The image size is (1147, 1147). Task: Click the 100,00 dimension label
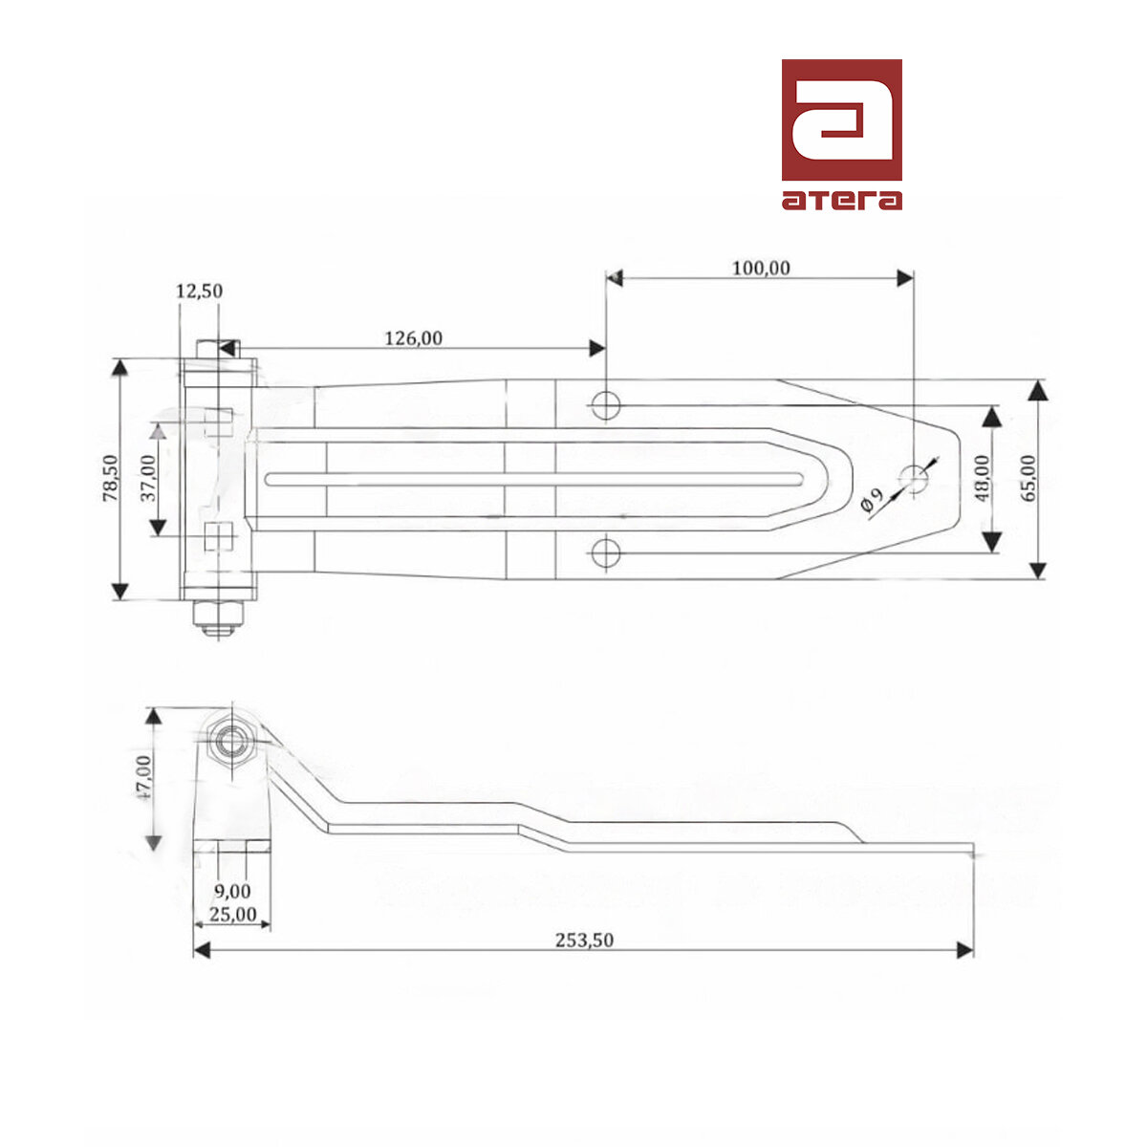761,268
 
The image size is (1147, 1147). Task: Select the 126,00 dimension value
413,337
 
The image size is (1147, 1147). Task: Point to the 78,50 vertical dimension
110,478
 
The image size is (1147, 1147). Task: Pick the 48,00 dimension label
983,478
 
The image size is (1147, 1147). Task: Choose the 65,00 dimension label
1028,478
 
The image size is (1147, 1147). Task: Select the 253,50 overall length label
584,940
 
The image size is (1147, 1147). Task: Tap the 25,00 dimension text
232,914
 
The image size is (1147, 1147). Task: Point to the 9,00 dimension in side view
232,892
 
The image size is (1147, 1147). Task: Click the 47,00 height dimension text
142,776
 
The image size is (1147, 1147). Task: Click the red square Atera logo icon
841,119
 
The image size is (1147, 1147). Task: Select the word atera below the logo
841,200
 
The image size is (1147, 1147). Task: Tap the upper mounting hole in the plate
605,404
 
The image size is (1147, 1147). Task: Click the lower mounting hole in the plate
605,552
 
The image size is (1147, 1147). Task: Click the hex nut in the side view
230,740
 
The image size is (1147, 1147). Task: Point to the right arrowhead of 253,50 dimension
965,949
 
